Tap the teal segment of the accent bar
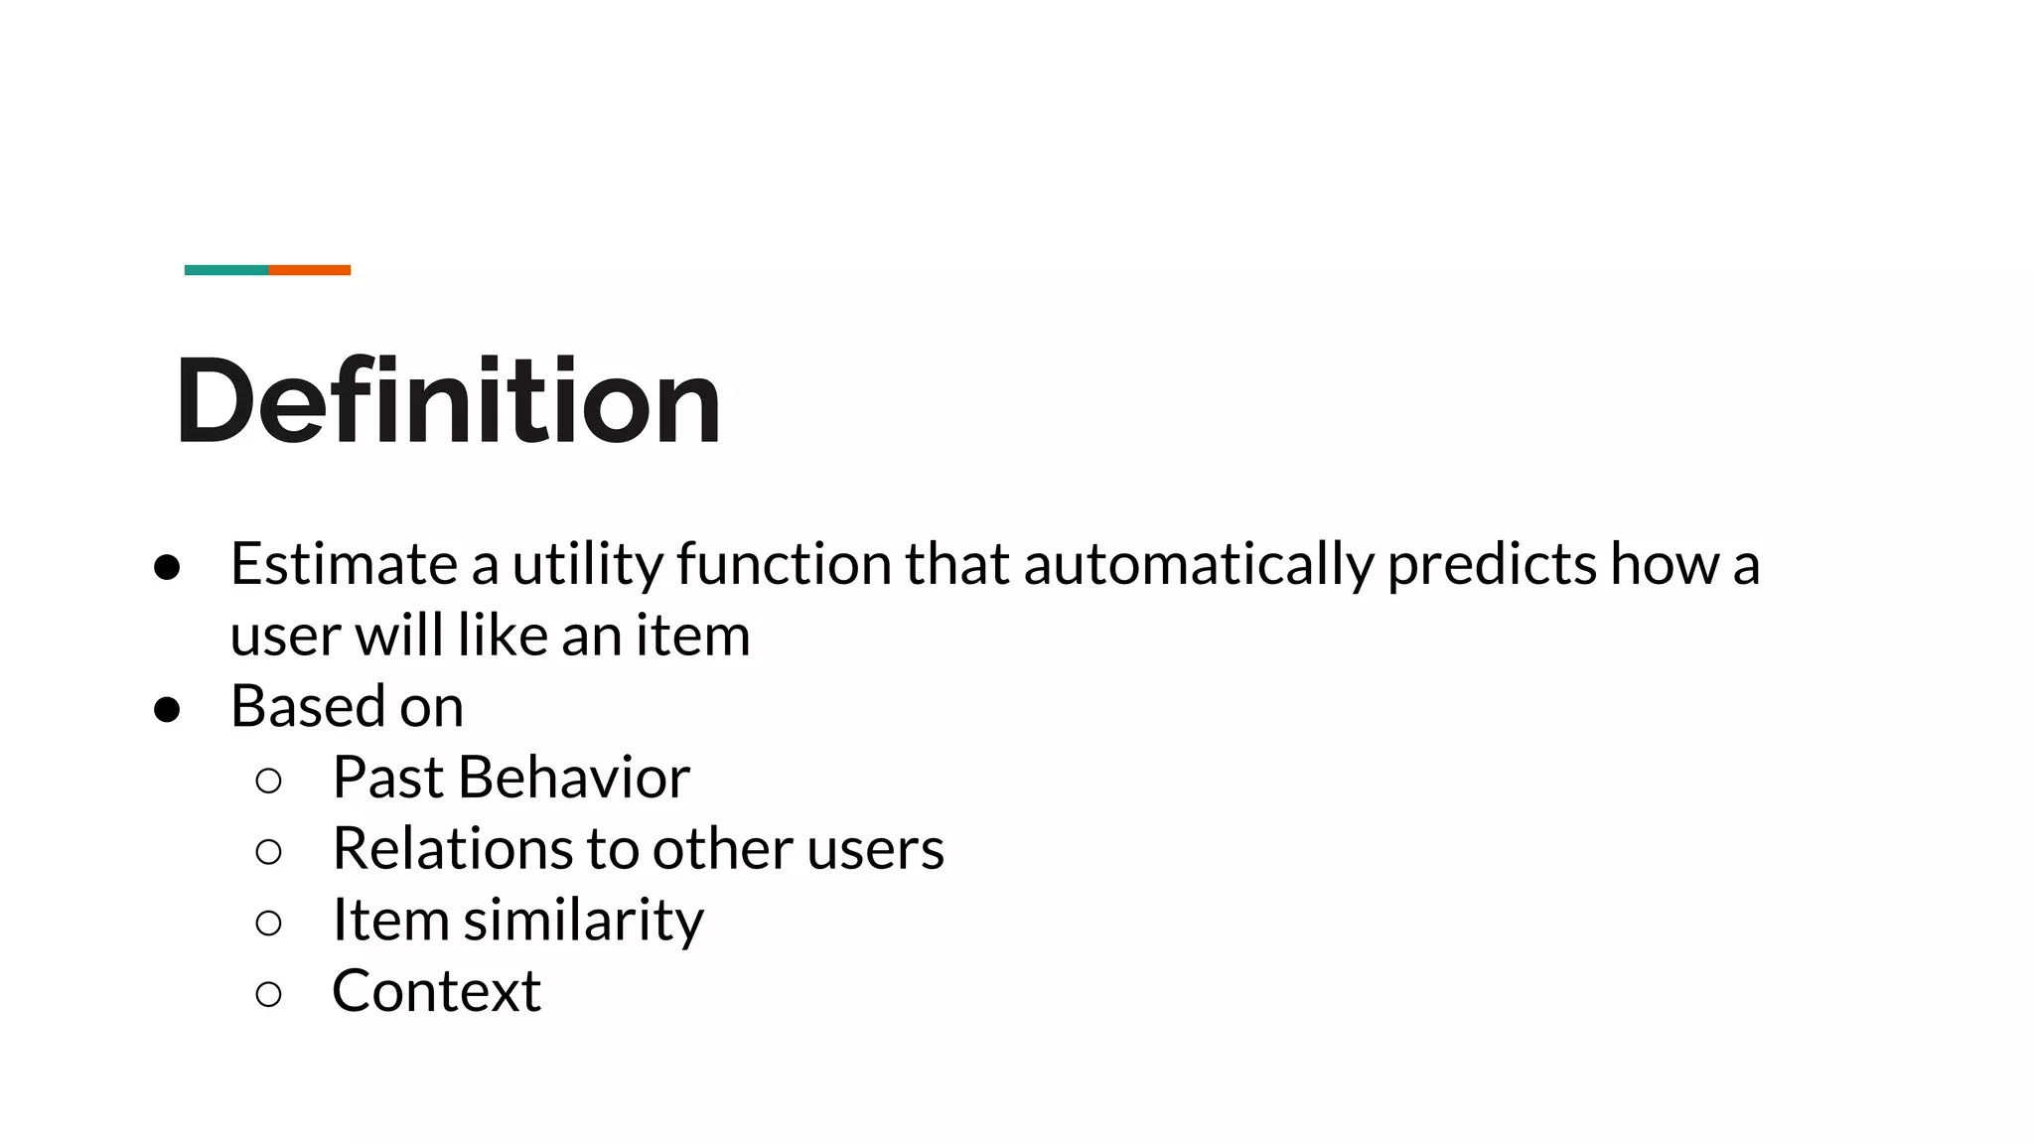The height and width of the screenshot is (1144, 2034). tap(225, 270)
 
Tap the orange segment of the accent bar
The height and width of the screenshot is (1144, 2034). tap(309, 270)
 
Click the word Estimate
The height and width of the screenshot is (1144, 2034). tap(344, 564)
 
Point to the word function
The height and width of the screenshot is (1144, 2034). tap(785, 564)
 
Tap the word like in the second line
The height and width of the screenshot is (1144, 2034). tap(504, 635)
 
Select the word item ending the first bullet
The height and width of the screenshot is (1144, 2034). tap(692, 635)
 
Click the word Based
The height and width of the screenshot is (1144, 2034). tap(308, 706)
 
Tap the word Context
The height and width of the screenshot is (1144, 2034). tap(436, 991)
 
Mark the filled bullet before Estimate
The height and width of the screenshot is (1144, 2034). tap(167, 567)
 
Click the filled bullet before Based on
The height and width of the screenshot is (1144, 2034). tap(167, 709)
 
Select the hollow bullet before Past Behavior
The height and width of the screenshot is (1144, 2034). tap(268, 781)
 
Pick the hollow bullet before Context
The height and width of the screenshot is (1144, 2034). tap(268, 994)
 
